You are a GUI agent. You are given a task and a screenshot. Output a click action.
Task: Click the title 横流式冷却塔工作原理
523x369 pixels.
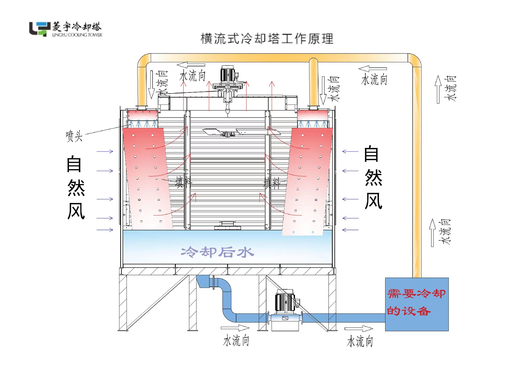pos(267,39)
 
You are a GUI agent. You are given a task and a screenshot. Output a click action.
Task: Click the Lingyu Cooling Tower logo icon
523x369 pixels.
pos(40,29)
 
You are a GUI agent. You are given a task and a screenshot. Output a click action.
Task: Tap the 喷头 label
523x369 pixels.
pos(74,136)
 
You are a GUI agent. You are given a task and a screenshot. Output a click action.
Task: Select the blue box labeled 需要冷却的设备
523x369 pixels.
pos(416,304)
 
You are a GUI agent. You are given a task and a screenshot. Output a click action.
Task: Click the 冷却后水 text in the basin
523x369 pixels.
pos(217,252)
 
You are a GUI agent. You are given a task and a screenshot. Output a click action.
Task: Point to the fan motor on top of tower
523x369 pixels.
pos(227,75)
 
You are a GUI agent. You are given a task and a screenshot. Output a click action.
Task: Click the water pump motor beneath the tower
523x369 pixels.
pos(285,302)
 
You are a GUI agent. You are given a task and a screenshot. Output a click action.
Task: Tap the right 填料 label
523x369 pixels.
pos(272,183)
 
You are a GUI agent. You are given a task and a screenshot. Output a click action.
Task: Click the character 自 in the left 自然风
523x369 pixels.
pos(74,164)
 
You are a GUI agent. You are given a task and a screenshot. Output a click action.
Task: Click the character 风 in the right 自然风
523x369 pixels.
pos(373,201)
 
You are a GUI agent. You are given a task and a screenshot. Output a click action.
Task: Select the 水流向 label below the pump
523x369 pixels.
pos(236,341)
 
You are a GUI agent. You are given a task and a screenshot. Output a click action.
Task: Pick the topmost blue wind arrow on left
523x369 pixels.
pos(105,151)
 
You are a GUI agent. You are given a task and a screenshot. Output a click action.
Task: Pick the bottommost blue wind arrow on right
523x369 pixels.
pos(350,230)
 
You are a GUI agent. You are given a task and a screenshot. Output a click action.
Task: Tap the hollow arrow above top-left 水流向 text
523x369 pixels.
pos(191,65)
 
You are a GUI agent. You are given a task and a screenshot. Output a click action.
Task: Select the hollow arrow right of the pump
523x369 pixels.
pos(359,328)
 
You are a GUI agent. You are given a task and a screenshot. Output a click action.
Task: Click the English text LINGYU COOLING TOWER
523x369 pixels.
pos(77,35)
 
